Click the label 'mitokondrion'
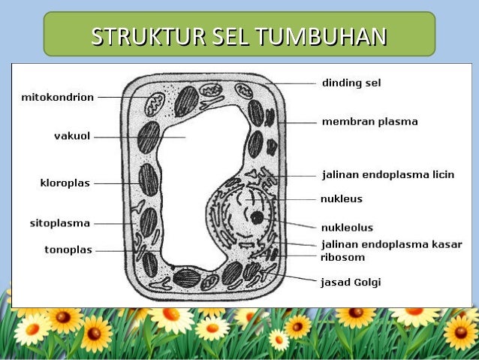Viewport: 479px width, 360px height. click(57, 97)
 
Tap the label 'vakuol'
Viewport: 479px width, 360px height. click(72, 136)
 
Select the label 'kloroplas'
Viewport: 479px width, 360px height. click(65, 183)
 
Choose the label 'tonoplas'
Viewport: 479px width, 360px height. click(67, 250)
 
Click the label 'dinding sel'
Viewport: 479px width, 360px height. click(351, 83)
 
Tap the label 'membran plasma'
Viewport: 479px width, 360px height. click(370, 121)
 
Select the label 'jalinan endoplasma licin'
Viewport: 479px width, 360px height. click(388, 174)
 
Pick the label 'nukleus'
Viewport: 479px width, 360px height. click(342, 199)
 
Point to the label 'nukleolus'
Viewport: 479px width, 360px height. click(347, 227)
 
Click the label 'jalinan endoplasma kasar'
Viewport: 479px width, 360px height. click(391, 244)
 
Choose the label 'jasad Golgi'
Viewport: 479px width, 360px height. click(351, 283)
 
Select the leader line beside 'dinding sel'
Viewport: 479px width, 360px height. click(297, 83)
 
